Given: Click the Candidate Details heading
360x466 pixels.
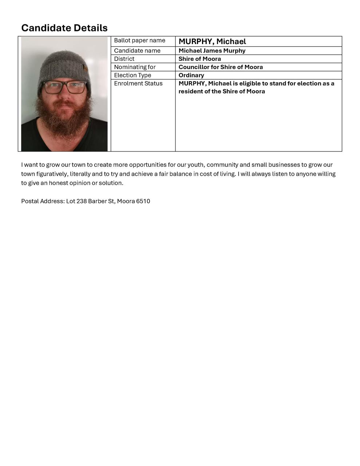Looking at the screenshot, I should click(64, 28).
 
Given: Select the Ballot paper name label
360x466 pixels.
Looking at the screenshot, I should click(139, 40).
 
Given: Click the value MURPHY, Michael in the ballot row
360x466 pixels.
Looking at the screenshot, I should click(212, 42).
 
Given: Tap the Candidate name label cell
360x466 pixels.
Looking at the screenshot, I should click(137, 51).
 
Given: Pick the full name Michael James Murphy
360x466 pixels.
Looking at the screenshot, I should click(212, 51).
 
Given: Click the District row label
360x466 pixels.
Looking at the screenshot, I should click(124, 59).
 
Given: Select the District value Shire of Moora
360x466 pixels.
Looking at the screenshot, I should click(199, 59).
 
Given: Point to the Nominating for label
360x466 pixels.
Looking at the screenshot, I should click(135, 67).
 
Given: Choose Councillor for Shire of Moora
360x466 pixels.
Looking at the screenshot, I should click(221, 67).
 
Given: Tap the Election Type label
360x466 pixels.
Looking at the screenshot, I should click(132, 75).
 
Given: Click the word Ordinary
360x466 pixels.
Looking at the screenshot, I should click(191, 75).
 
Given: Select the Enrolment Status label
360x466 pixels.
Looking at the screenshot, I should click(138, 83).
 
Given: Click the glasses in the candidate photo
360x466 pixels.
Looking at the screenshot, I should click(64, 87).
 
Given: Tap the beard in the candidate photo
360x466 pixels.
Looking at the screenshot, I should click(64, 116).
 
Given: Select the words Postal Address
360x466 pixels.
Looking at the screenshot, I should click(42, 201).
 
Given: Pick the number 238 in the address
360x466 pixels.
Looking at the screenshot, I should click(82, 201).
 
